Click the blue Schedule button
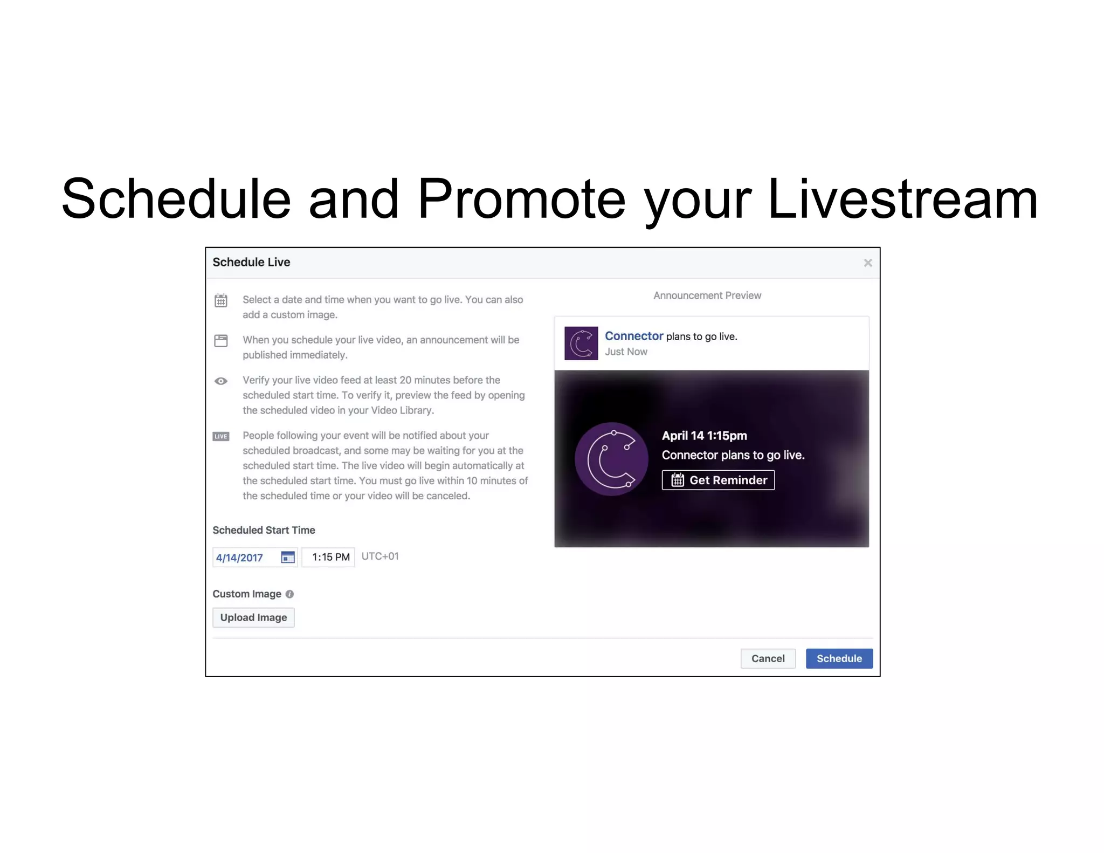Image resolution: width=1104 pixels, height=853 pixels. click(x=839, y=658)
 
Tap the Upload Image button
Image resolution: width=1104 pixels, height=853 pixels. click(x=253, y=617)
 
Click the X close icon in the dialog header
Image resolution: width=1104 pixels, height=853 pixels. click(x=867, y=263)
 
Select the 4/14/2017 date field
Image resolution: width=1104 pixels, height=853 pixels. click(x=240, y=558)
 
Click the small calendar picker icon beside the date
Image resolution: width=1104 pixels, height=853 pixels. click(x=288, y=557)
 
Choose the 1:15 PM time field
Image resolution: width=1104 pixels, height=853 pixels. click(x=330, y=557)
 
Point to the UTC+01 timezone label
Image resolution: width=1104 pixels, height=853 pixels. click(x=380, y=556)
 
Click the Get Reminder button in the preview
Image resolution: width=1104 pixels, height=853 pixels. click(x=718, y=480)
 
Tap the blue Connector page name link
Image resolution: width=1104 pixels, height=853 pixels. click(x=633, y=336)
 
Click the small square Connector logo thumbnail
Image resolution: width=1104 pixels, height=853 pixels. click(x=581, y=343)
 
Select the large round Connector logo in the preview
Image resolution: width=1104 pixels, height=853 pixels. click(x=611, y=459)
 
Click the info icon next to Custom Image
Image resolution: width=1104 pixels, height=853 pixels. click(x=289, y=594)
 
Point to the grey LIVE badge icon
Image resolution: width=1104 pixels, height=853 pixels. click(x=221, y=436)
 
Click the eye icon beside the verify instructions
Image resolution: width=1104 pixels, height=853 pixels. click(x=221, y=381)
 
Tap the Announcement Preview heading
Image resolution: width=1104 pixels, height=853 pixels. click(x=707, y=295)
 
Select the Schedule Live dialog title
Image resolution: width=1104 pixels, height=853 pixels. click(x=251, y=262)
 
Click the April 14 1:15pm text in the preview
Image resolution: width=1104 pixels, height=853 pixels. click(x=704, y=436)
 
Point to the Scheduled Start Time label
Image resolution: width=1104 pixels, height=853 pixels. click(x=264, y=530)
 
